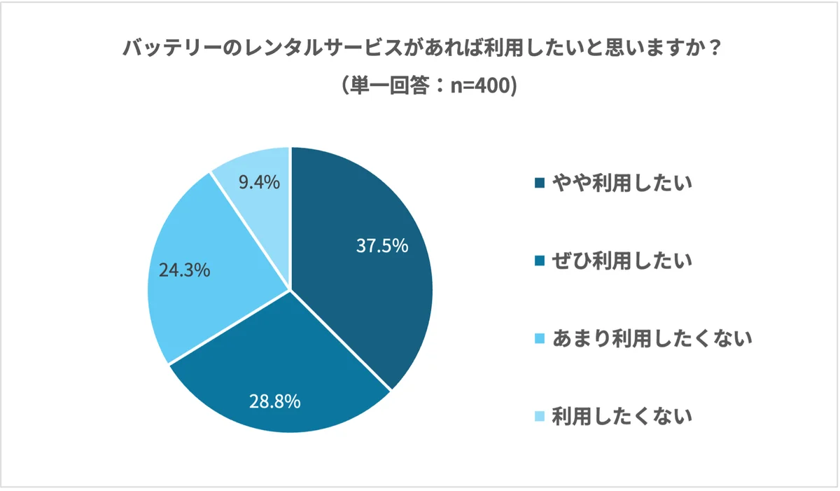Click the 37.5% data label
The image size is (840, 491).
381,246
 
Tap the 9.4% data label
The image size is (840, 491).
259,183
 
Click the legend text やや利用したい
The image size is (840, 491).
622,184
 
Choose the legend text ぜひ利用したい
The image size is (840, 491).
622,261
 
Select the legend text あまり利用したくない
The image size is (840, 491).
651,339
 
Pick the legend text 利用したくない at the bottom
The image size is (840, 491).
622,417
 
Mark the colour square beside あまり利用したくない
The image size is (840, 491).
539,340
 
